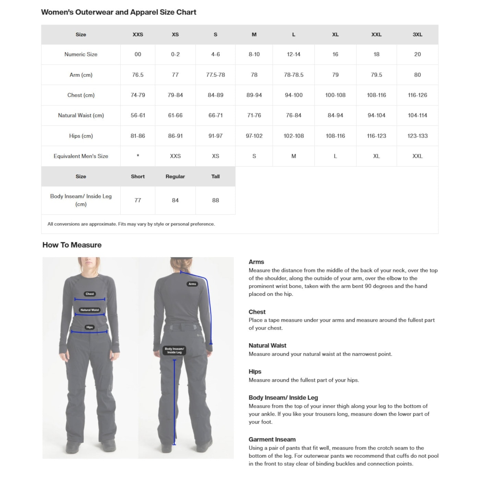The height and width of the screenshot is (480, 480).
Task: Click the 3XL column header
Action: [x=417, y=34]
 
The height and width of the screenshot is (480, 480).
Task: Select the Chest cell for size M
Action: [x=254, y=95]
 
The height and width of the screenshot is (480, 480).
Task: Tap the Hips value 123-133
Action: [x=417, y=136]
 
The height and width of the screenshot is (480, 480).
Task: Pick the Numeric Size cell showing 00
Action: [x=138, y=54]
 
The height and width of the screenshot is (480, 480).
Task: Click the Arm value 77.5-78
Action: [x=215, y=75]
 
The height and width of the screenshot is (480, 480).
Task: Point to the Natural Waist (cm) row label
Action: [x=81, y=115]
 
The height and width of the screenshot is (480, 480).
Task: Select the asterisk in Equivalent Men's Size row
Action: [x=138, y=156]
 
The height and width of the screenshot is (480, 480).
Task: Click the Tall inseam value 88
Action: [x=215, y=200]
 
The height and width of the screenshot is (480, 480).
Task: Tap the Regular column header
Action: [x=175, y=176]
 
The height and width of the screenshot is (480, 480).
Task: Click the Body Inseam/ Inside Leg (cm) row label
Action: [x=81, y=200]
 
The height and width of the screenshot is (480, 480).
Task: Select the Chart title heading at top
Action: [x=119, y=12]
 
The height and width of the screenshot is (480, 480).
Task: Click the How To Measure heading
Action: [x=72, y=245]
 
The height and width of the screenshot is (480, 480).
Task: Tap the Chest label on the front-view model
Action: [x=90, y=294]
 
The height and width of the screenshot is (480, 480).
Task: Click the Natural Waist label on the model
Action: [x=89, y=310]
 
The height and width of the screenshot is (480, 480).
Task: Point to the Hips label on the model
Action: [x=89, y=327]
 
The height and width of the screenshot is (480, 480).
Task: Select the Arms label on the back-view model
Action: [x=192, y=284]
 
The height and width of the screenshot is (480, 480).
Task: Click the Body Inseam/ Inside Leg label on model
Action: [x=174, y=350]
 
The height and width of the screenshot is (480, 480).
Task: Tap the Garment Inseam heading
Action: [x=272, y=439]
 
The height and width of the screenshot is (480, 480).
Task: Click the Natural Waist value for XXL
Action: [x=376, y=115]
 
